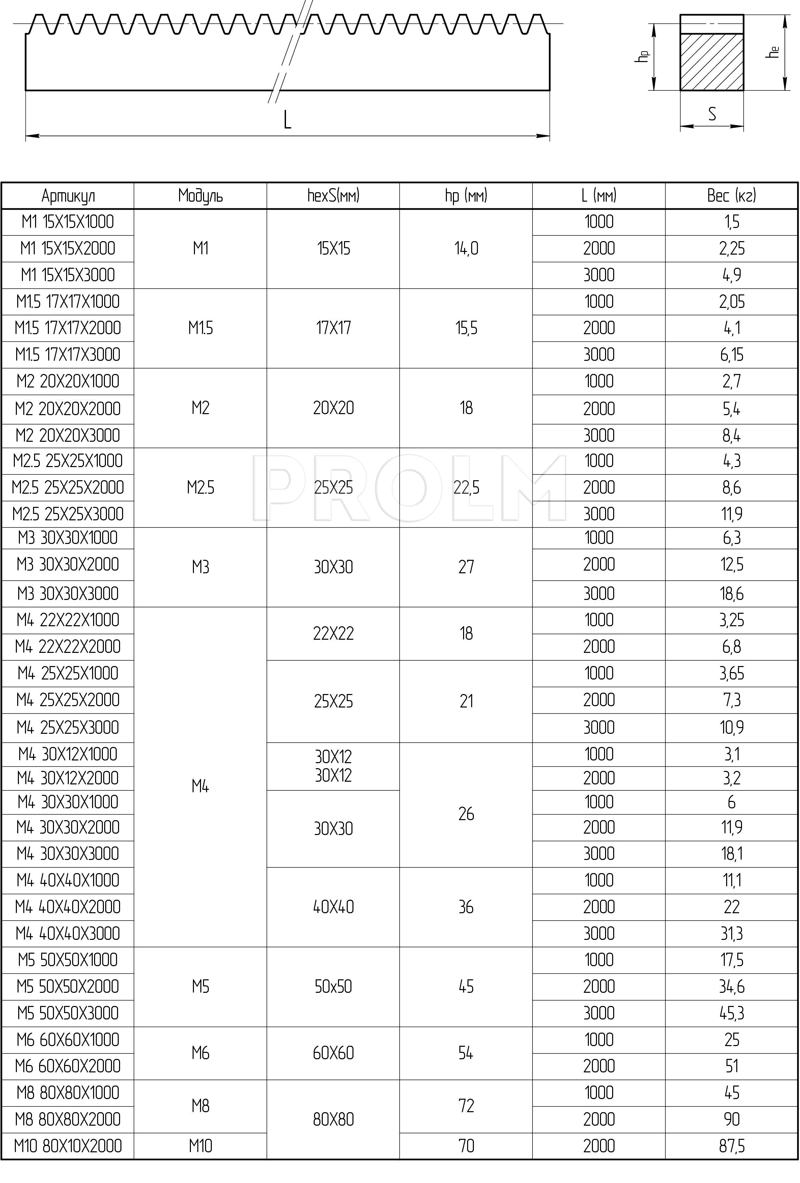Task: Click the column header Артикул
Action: coord(68,196)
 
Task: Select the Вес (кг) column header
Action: coord(731,196)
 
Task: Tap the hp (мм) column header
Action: coord(466,196)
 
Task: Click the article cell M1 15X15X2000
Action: coord(68,249)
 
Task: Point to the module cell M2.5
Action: coord(200,488)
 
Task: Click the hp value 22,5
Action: coord(466,488)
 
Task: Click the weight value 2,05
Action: coord(731,302)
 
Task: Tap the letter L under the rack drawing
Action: coord(288,120)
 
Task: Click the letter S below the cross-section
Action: coord(712,114)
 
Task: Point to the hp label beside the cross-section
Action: coord(643,56)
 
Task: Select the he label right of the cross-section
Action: coord(773,52)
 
